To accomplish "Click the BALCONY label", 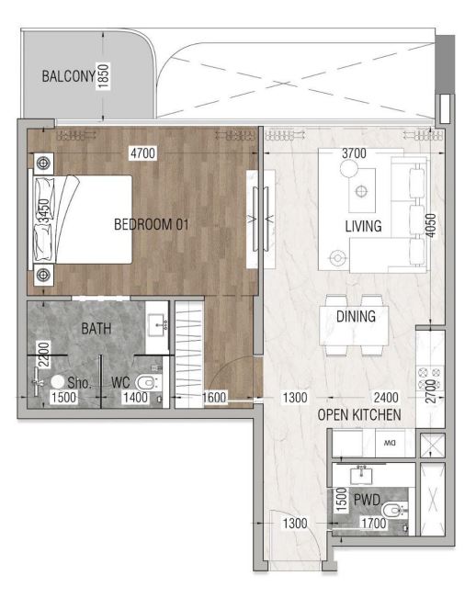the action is [68, 76].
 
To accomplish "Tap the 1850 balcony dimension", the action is [103, 76].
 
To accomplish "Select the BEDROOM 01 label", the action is [152, 224].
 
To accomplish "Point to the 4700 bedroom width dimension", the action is [142, 152].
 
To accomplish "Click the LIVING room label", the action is [363, 226].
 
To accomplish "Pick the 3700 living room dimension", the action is [354, 152].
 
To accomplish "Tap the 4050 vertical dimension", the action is [431, 225].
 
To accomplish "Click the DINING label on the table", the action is [356, 316].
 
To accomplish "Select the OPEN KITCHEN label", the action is [359, 415].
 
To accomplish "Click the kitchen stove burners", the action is [430, 378].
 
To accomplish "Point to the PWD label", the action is [367, 500].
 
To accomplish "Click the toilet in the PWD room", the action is [394, 511].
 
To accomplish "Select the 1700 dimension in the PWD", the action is [374, 524].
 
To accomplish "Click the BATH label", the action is [96, 328].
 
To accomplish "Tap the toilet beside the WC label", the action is [149, 382].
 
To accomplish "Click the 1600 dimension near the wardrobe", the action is [214, 398].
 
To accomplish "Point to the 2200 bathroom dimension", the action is [43, 355].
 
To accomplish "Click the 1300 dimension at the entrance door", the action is [295, 524].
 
